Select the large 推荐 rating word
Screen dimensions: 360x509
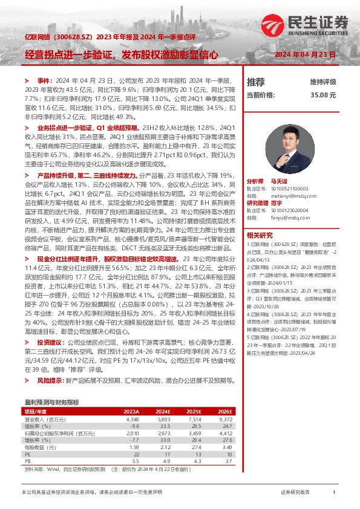256,82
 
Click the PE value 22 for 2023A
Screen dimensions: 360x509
136,454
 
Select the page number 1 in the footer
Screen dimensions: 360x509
333,493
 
